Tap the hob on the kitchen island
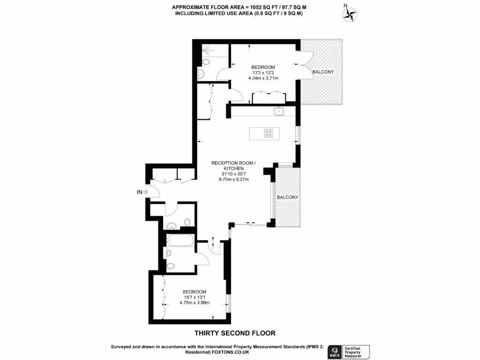click(269, 133)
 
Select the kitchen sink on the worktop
click(278, 111)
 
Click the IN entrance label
click(139, 192)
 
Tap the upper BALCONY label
click(323, 72)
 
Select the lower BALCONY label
click(287, 197)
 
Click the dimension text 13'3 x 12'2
click(263, 73)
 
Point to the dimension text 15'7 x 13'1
click(194, 297)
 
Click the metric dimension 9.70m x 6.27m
click(233, 179)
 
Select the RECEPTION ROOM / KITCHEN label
click(233, 165)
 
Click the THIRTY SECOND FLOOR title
click(234, 333)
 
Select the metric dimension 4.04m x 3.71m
click(263, 78)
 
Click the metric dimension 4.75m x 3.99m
click(194, 302)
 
